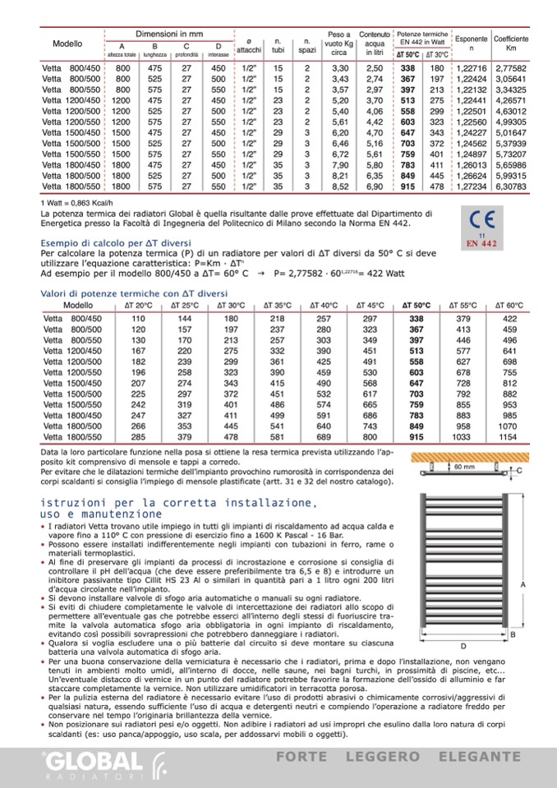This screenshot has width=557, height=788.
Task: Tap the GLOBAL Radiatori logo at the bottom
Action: point(82,760)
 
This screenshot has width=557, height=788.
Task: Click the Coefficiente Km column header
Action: point(511,44)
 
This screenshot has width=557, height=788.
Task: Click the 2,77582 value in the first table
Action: point(511,67)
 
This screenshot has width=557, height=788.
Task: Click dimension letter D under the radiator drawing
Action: point(463,645)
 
